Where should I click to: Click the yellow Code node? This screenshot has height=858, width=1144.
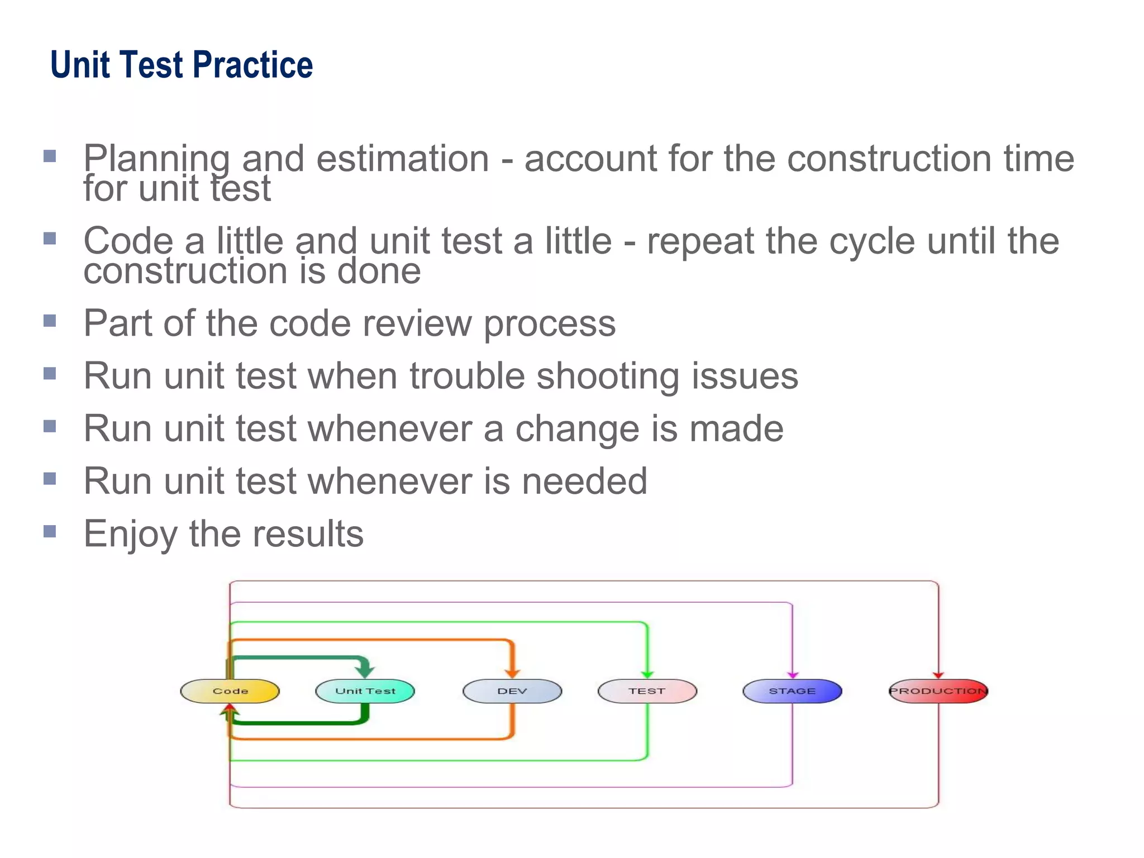click(x=230, y=691)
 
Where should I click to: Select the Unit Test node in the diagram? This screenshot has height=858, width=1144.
click(x=365, y=691)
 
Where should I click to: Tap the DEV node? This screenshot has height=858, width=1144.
click(x=512, y=691)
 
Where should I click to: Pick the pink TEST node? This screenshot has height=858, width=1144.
click(x=647, y=691)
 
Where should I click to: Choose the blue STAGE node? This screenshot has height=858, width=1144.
click(x=792, y=691)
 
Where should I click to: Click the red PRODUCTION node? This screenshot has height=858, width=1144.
click(x=938, y=691)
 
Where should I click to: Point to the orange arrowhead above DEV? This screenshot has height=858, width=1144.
click(x=512, y=673)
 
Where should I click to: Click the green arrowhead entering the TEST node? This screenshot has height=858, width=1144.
click(x=647, y=674)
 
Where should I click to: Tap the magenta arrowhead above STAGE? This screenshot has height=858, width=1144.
click(x=793, y=675)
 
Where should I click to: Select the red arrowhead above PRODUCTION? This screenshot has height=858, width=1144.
click(x=938, y=675)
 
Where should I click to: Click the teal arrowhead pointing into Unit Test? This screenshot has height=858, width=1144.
click(x=365, y=669)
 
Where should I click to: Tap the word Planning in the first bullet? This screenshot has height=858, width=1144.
click(x=156, y=159)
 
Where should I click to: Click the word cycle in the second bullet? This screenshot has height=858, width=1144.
click(x=871, y=241)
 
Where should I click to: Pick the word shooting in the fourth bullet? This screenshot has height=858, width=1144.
click(x=608, y=376)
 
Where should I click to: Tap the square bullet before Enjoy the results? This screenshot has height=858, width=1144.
click(x=50, y=531)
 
